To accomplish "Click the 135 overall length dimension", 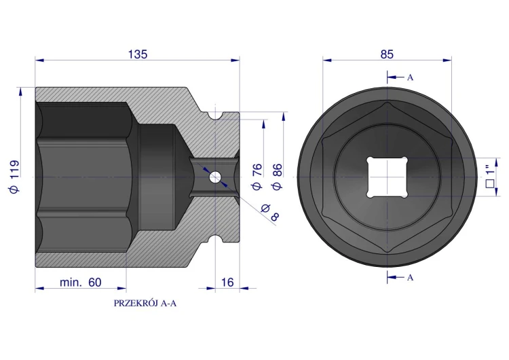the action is click(x=138, y=54).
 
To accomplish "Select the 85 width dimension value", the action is click(x=387, y=54).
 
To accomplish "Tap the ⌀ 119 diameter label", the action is click(x=15, y=177).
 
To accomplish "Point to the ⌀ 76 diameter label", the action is click(x=257, y=177).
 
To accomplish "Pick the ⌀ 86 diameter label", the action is click(x=277, y=177).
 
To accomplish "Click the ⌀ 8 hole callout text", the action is click(x=270, y=212).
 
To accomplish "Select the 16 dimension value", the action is click(x=227, y=283).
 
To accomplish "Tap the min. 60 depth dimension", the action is click(x=81, y=283).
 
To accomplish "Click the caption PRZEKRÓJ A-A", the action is click(x=145, y=303).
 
